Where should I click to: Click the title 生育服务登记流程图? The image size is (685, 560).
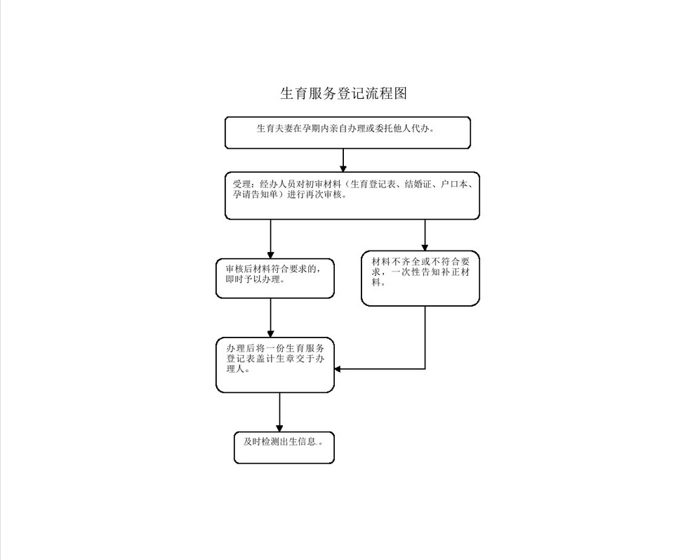pos(343,93)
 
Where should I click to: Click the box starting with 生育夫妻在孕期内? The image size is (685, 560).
pos(347,133)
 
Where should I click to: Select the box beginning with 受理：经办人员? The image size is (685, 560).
pos(352,195)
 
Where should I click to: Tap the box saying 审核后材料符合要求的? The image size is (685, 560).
pos(274,279)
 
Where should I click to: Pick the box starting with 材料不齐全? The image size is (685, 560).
pos(420,278)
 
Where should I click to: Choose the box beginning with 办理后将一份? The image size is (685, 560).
pos(274,365)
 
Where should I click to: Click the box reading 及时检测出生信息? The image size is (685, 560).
pos(284,448)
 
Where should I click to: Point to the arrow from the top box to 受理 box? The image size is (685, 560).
pos(343,160)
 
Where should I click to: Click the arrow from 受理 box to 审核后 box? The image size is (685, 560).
pos(271,239)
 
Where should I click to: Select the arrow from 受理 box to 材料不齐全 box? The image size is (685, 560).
pos(425,235)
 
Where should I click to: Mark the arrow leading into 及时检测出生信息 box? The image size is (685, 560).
pos(280,412)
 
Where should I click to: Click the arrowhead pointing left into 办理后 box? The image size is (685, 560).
pos(338,368)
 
